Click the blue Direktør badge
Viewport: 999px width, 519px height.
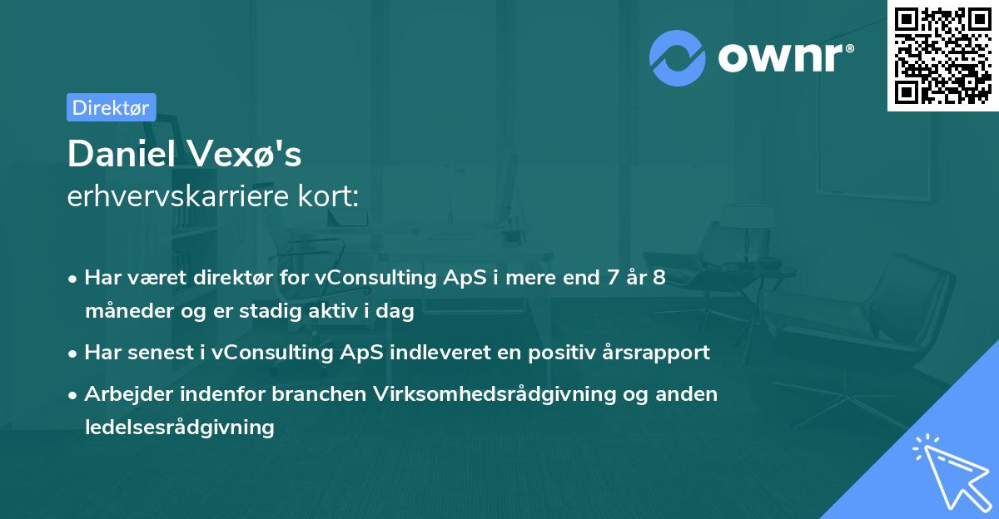pyautogui.click(x=111, y=107)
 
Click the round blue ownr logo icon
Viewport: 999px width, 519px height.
pyautogui.click(x=678, y=57)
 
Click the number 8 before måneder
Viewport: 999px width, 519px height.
pyautogui.click(x=659, y=278)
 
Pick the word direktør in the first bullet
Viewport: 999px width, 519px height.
pyautogui.click(x=227, y=278)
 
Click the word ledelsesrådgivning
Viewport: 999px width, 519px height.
pyautogui.click(x=179, y=428)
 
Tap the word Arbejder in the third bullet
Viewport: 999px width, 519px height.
pyautogui.click(x=124, y=393)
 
